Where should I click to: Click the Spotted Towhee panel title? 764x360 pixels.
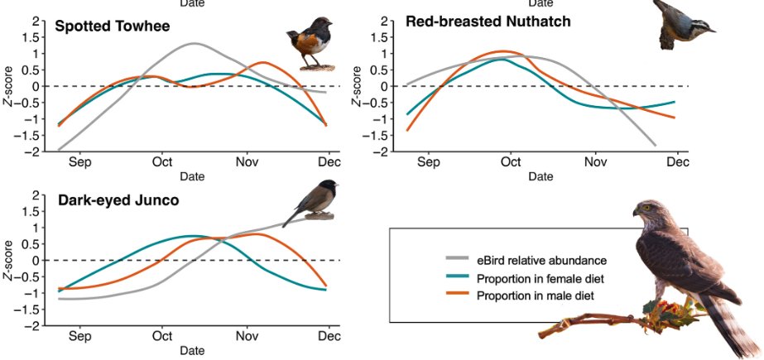tap(112, 26)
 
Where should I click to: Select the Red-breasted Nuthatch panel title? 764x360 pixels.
tap(488, 22)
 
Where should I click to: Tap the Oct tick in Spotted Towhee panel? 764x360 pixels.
tap(162, 162)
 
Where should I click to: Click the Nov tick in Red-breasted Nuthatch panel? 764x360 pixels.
tap(595, 162)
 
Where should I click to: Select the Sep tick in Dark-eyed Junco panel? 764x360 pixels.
tap(80, 336)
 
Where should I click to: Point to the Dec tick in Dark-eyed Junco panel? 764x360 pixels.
tap(329, 336)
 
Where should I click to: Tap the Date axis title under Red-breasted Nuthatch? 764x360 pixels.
tap(541, 176)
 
